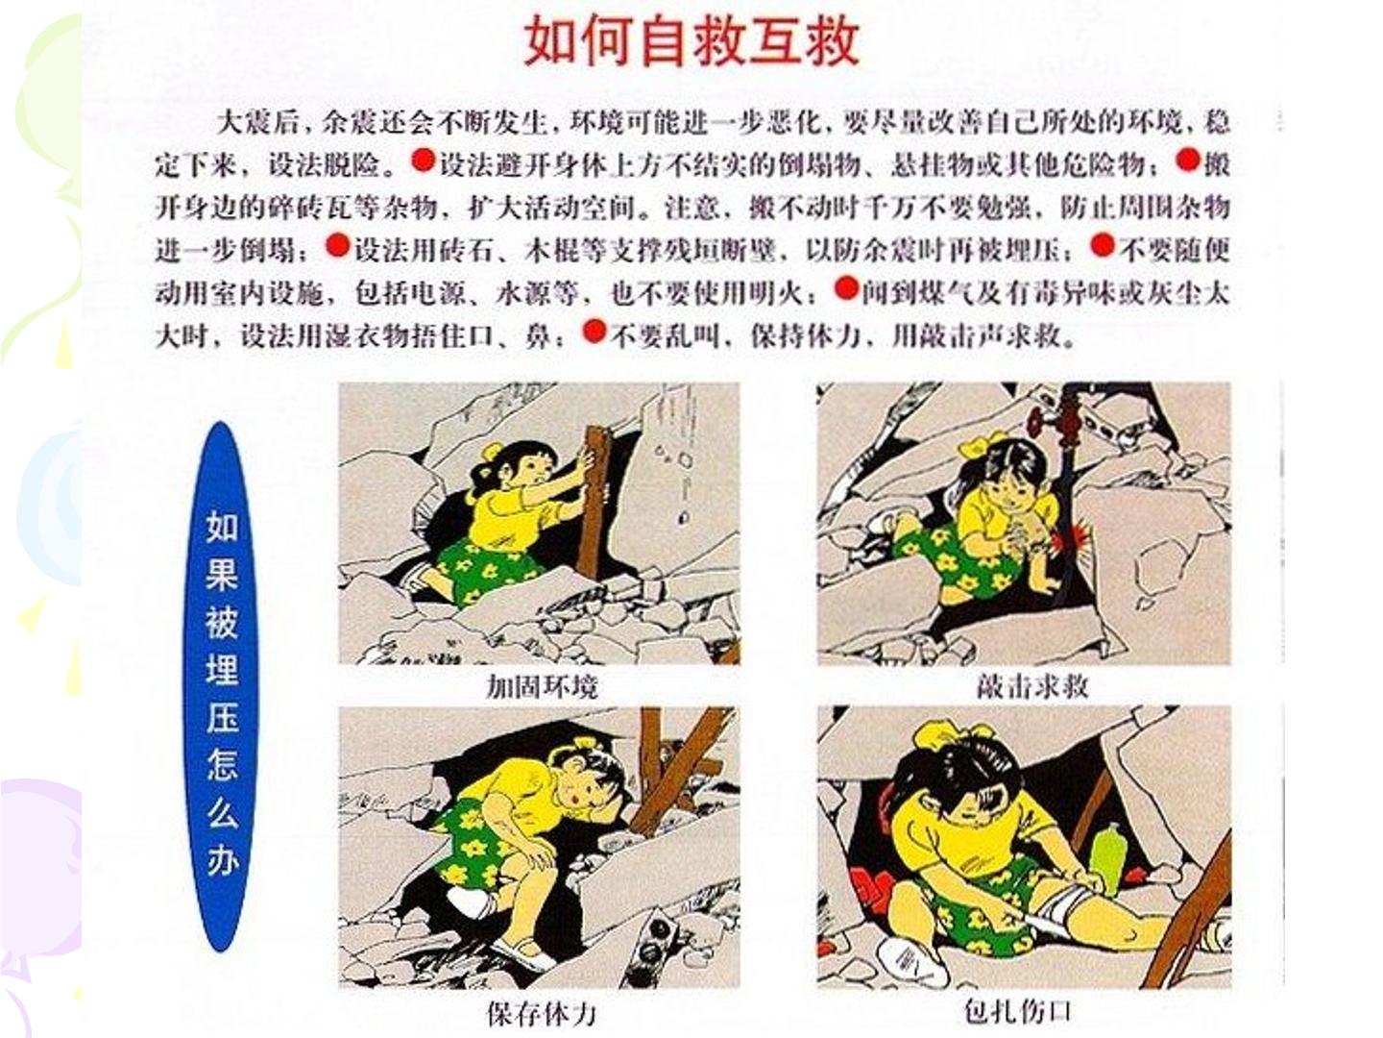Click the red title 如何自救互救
coord(691,41)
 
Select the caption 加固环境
coord(542,687)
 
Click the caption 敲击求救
coord(1032,686)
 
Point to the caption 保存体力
coord(542,1013)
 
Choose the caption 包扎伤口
coord(1018,1011)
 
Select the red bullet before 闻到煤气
coord(846,287)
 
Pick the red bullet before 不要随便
coord(1102,244)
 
